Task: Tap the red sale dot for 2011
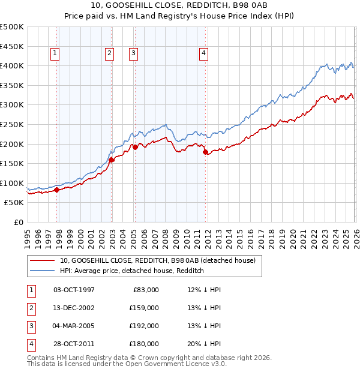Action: pyautogui.click(x=205, y=152)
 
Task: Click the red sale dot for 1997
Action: pyautogui.click(x=56, y=190)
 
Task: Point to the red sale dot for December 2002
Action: pyautogui.click(x=112, y=160)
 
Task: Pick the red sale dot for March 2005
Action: pyautogui.click(x=135, y=147)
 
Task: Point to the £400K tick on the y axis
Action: pyautogui.click(x=12, y=65)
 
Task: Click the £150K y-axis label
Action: pyautogui.click(x=12, y=163)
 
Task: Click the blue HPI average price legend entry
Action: pyautogui.click(x=132, y=271)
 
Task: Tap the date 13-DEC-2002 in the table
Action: pyautogui.click(x=74, y=308)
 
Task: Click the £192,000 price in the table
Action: pyautogui.click(x=145, y=326)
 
